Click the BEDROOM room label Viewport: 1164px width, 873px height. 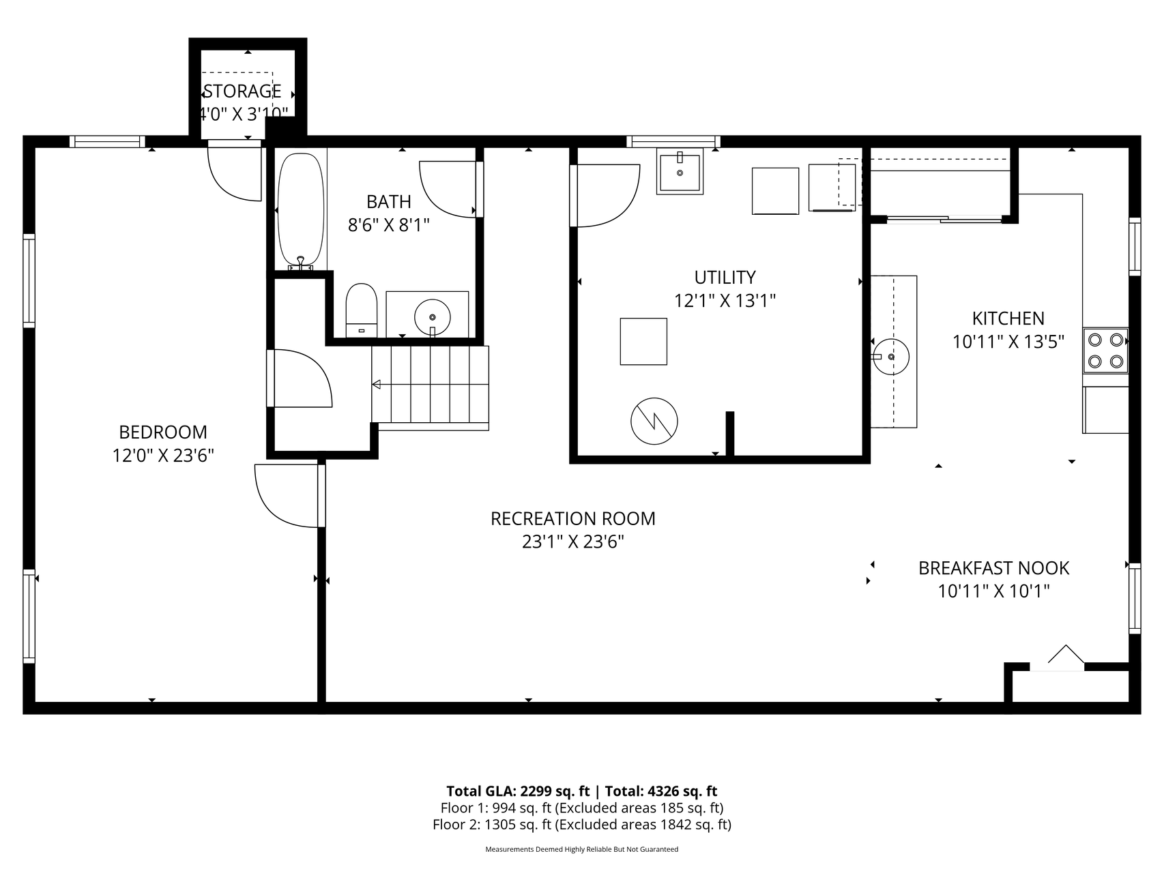point(163,432)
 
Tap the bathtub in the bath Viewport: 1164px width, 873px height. point(300,209)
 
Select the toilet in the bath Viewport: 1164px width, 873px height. point(362,310)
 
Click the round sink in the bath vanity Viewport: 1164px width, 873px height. point(433,316)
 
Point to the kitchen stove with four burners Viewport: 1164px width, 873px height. point(1105,350)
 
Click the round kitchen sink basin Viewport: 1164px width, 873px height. point(891,357)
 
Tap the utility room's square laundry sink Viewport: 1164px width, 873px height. point(680,172)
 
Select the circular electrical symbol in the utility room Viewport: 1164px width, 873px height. point(654,421)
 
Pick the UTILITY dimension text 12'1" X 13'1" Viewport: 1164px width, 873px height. point(725,300)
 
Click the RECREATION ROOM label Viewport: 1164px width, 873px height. point(573,518)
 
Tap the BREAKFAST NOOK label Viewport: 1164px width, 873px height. point(993,567)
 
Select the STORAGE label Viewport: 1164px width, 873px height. point(242,91)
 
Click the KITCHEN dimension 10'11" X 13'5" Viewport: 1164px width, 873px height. point(1008,341)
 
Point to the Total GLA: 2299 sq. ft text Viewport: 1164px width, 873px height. point(518,791)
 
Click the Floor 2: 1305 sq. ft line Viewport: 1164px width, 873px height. point(582,825)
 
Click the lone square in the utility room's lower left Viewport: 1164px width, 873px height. point(643,341)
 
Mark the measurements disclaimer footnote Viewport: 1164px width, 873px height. point(582,849)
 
